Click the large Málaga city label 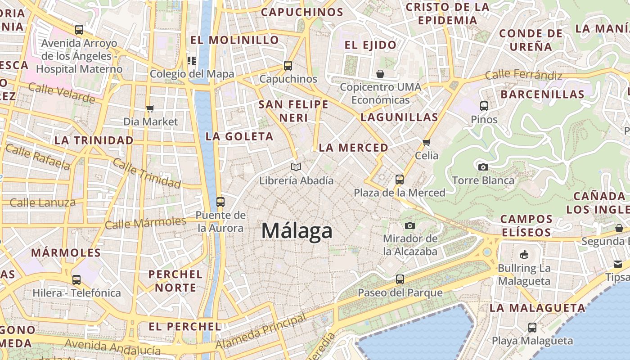click(x=297, y=231)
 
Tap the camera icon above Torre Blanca click(x=483, y=167)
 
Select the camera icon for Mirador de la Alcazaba click(x=409, y=225)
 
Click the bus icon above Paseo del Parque click(x=400, y=279)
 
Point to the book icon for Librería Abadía click(x=296, y=167)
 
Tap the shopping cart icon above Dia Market click(x=150, y=108)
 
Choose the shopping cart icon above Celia click(x=426, y=142)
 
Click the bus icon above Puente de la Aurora click(x=220, y=202)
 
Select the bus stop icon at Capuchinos click(x=288, y=66)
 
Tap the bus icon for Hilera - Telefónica click(x=76, y=279)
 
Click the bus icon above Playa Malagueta click(x=532, y=327)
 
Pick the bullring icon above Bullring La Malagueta click(x=524, y=255)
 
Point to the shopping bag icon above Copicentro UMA click(x=380, y=73)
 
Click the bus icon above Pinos click(x=484, y=106)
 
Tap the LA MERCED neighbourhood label click(x=353, y=148)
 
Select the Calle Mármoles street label click(x=145, y=222)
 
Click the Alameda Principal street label click(x=261, y=332)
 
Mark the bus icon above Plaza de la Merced click(x=399, y=180)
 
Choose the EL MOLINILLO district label click(x=234, y=40)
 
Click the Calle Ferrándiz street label click(x=523, y=75)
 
